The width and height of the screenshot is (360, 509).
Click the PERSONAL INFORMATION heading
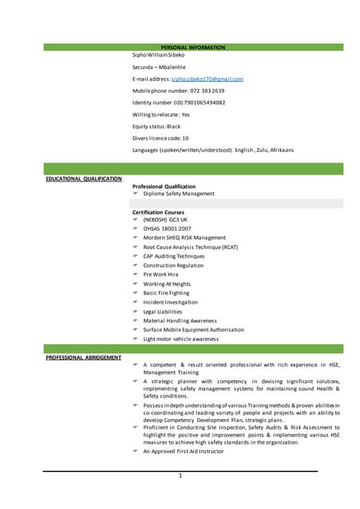click(193, 48)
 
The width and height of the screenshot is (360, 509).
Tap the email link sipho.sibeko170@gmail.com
click(207, 79)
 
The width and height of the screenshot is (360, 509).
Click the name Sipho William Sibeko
click(159, 55)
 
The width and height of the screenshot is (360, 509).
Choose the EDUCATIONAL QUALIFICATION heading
click(83, 179)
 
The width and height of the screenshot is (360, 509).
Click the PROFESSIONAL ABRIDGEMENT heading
click(83, 358)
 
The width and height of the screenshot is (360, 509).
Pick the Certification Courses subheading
click(158, 212)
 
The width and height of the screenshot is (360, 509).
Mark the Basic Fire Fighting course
click(168, 293)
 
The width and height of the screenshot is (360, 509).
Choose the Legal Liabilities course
click(162, 312)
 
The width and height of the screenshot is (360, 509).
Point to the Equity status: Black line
click(157, 126)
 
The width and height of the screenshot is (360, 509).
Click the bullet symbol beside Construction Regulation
click(136, 266)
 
